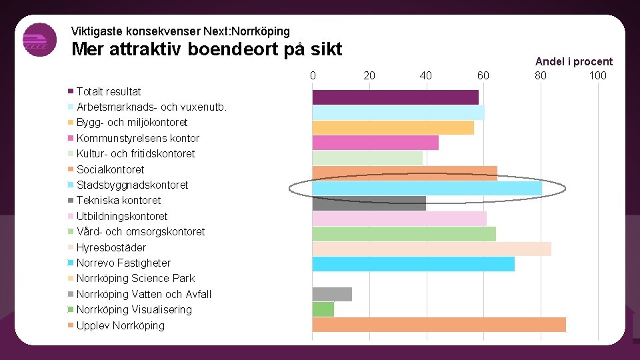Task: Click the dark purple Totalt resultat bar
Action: coord(395,97)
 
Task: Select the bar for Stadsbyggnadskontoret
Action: coord(427,189)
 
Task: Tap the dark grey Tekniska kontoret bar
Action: coord(369,203)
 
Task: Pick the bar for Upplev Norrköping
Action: coord(439,325)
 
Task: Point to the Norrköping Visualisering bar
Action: coord(323,309)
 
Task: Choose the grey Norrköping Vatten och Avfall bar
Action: coord(332,294)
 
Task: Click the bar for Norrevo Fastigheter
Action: coord(413,264)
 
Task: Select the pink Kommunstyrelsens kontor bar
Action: coord(375,143)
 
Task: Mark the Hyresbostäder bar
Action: coord(431,249)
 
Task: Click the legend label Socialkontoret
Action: coord(110,169)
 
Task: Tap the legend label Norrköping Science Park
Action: coord(135,278)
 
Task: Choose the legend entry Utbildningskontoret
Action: coord(122,216)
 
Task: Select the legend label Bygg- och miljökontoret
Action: coord(132,122)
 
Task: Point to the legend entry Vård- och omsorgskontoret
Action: coord(141,231)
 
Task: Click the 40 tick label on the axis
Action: coord(426,75)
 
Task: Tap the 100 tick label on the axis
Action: coord(597,75)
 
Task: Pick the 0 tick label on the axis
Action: coord(313,75)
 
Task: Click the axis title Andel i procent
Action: coord(574,61)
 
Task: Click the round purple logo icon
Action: coord(39,40)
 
